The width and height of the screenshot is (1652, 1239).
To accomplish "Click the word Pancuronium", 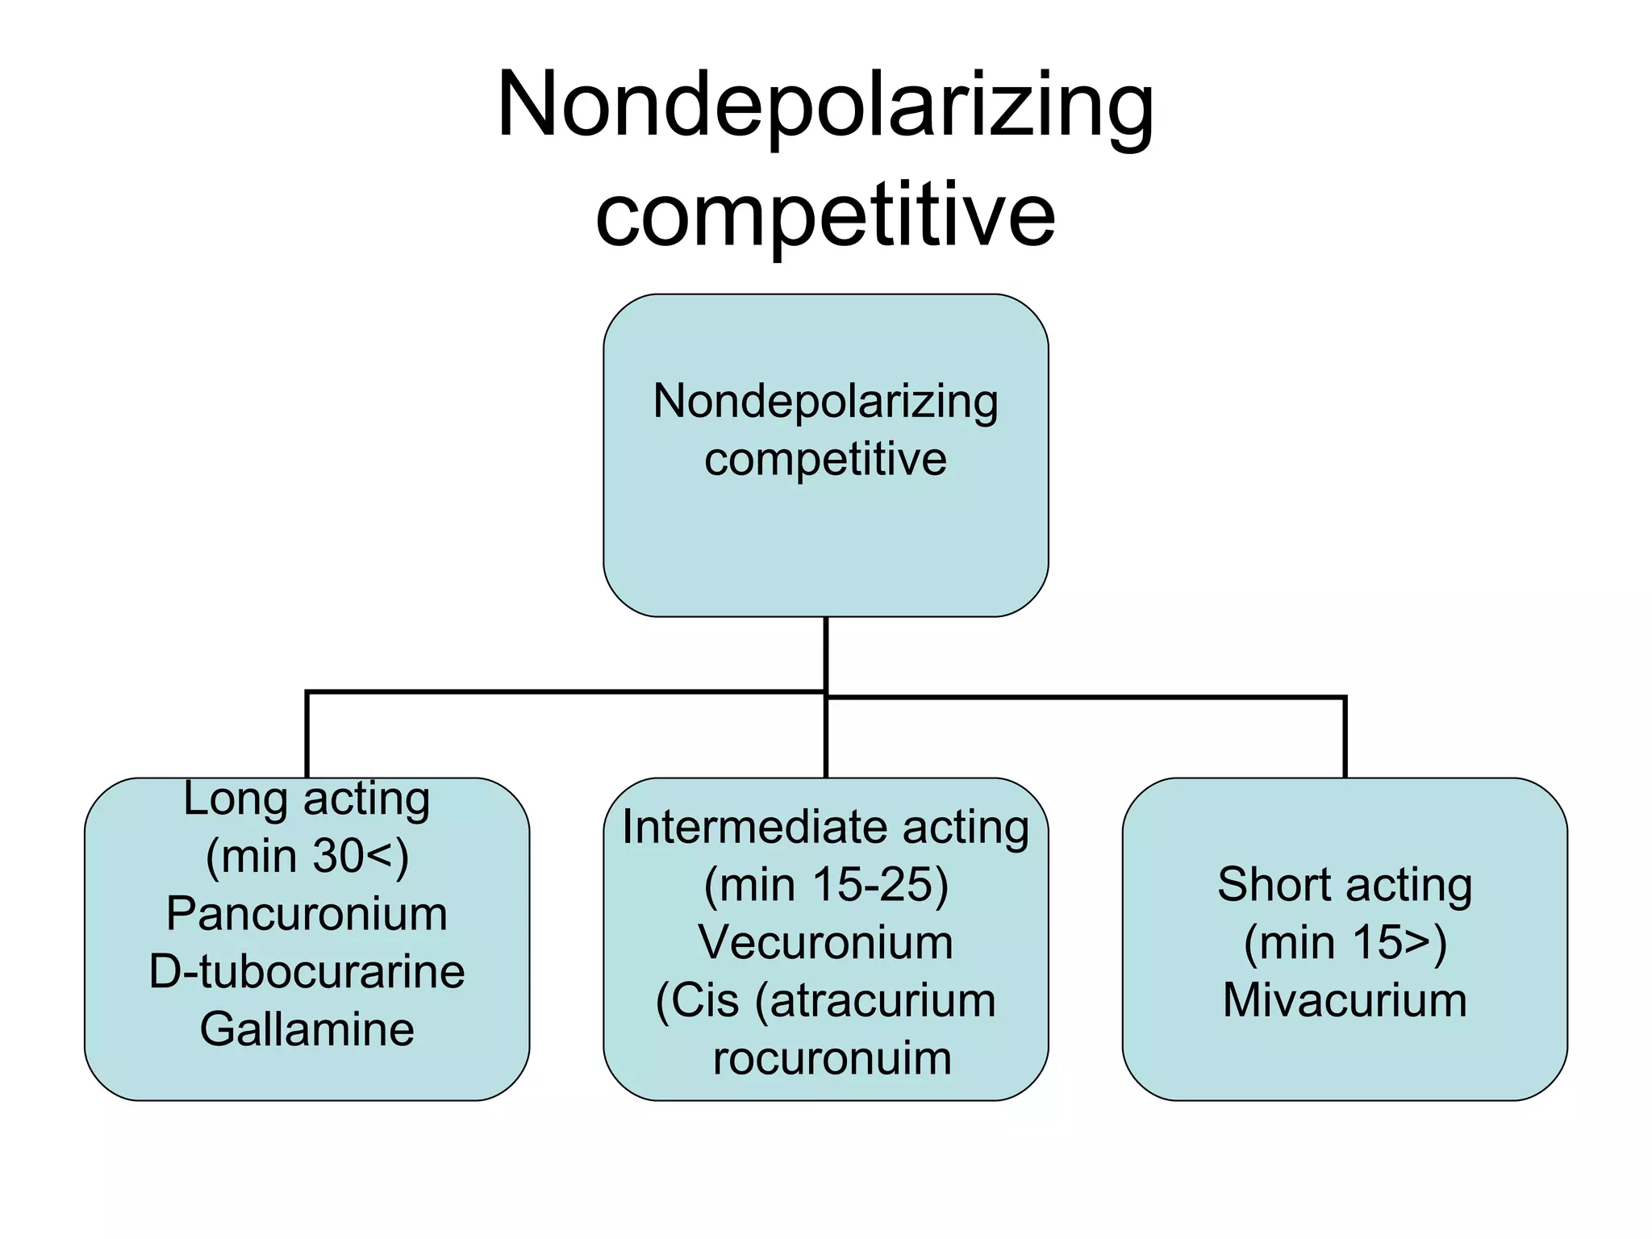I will coord(307,914).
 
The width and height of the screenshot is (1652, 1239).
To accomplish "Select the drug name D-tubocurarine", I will coord(307,971).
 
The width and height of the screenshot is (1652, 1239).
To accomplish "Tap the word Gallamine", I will coord(307,1029).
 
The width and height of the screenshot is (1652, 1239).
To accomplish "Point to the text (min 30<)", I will coord(307,856).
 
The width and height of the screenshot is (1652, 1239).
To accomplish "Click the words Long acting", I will coord(307,799).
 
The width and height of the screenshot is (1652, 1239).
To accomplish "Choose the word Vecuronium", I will coord(825,942).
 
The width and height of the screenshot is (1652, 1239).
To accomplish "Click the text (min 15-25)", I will coord(825,884).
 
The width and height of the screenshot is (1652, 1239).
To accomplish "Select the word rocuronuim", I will coord(832,1058).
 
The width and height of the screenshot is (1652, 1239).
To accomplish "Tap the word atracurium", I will coord(882,1000).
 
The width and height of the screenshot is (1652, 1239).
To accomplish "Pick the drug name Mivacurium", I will coord(1345,1000).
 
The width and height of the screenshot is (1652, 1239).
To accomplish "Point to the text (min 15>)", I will coord(1345,942).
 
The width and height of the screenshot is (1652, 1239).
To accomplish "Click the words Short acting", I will coord(1345,884).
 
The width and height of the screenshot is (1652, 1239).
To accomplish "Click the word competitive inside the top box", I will coord(825,460).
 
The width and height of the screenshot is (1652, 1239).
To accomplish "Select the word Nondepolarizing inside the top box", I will coord(825,401).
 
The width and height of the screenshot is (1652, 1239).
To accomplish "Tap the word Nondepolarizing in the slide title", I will coord(825,105).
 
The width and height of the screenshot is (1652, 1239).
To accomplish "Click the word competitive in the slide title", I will coord(825,215).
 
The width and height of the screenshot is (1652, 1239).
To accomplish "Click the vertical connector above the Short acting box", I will coord(1345,738).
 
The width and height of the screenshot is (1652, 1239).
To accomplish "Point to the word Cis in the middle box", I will coord(703,1000).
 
